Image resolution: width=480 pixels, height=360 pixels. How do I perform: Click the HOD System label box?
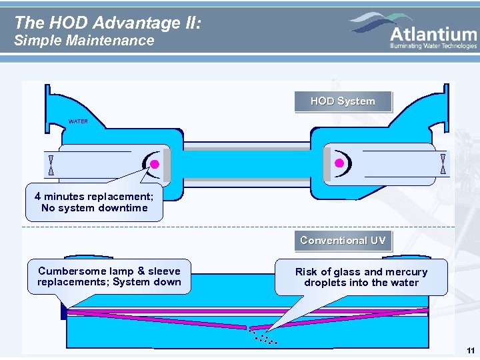pyautogui.click(x=343, y=101)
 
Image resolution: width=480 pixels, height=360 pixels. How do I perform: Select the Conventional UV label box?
pyautogui.click(x=343, y=241)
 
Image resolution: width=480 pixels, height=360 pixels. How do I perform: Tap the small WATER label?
pyautogui.click(x=78, y=122)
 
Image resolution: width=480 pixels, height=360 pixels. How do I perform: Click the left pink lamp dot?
pyautogui.click(x=153, y=164)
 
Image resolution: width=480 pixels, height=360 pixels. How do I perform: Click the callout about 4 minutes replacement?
pyautogui.click(x=94, y=202)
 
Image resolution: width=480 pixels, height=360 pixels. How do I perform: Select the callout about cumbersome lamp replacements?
pyautogui.click(x=109, y=277)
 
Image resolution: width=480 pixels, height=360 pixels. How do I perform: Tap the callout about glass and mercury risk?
pyautogui.click(x=361, y=277)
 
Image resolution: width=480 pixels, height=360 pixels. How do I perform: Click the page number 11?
pyautogui.click(x=471, y=351)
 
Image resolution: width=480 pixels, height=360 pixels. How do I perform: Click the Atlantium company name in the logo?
pyautogui.click(x=433, y=33)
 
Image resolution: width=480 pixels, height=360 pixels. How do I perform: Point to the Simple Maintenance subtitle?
pyautogui.click(x=84, y=41)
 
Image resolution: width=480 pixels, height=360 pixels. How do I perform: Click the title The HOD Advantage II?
pyautogui.click(x=107, y=23)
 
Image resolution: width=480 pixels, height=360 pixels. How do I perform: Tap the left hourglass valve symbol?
pyautogui.click(x=51, y=164)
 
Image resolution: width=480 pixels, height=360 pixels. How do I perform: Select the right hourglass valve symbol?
pyautogui.click(x=443, y=163)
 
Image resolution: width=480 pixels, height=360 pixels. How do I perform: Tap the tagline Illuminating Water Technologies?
pyautogui.click(x=433, y=47)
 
